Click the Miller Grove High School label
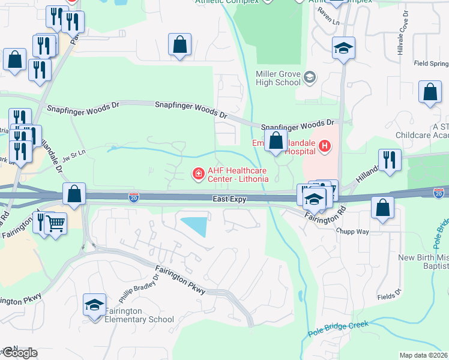click(278, 77)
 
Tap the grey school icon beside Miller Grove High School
click(310, 77)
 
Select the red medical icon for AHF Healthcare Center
click(197, 174)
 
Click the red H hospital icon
click(325, 145)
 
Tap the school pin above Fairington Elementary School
click(95, 306)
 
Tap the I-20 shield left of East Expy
click(134, 196)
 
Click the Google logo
click(19, 353)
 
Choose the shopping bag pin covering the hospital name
click(276, 142)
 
